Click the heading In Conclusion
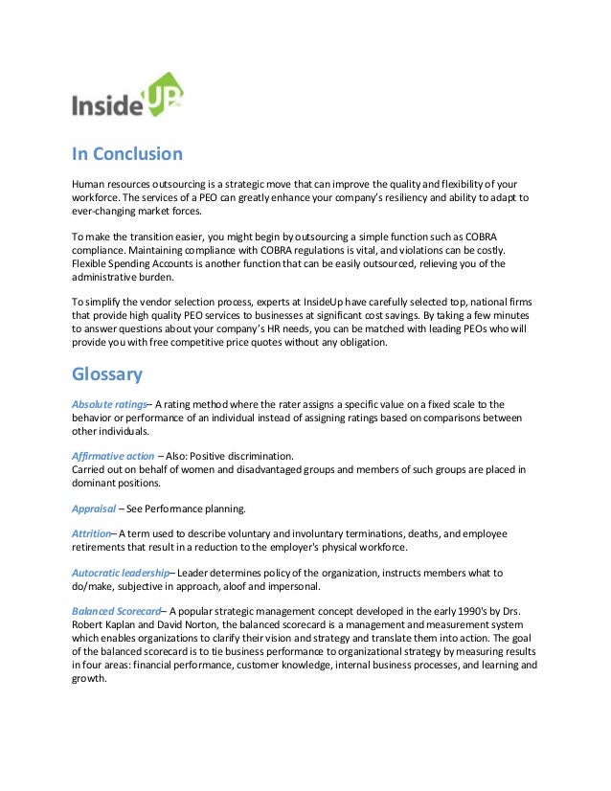(127, 153)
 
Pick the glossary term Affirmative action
(112, 456)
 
